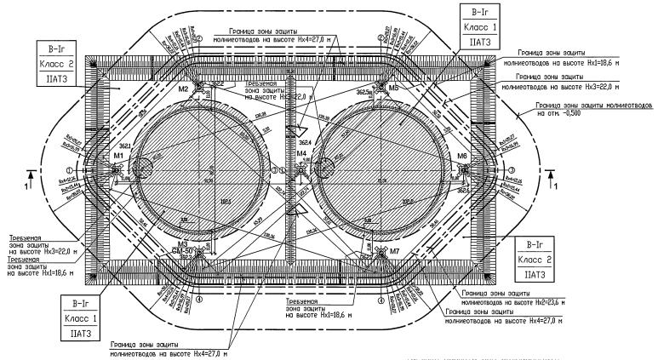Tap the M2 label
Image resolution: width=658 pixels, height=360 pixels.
[182, 89]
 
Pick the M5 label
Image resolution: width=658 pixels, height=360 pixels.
[393, 88]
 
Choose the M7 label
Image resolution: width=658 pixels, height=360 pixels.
[394, 252]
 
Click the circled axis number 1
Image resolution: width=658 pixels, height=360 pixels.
[83, 169]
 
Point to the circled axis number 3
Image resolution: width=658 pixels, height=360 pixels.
[512, 169]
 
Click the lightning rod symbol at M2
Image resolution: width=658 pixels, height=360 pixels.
[197, 87]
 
